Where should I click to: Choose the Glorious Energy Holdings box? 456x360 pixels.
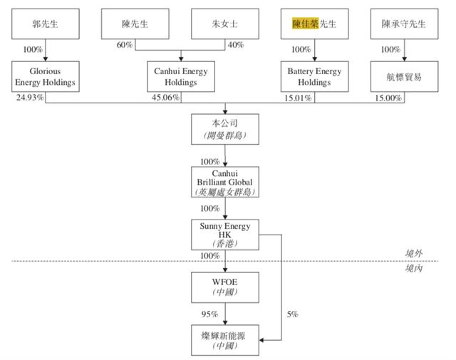point(45,76)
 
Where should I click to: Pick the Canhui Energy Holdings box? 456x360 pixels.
point(180,76)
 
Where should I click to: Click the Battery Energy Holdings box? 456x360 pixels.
point(314,76)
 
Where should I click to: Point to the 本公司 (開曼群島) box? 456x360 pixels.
point(225,128)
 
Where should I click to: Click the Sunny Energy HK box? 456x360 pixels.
point(225,234)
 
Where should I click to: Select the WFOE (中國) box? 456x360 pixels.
point(225,287)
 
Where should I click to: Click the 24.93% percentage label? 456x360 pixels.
point(28,98)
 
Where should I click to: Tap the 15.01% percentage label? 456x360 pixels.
point(298,98)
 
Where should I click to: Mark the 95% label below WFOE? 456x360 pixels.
point(209,314)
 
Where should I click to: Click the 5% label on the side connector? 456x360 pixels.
point(292,314)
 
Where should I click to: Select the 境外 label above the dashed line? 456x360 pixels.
point(414,254)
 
